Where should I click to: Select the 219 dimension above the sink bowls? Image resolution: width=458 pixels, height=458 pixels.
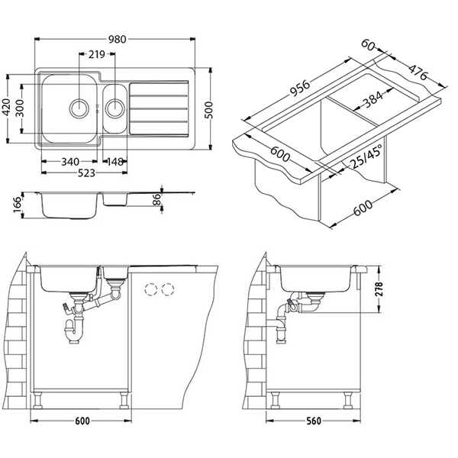tap(97, 54)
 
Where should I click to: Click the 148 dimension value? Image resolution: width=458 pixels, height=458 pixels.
tap(116, 161)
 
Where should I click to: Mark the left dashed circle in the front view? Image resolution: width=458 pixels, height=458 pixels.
tap(150, 289)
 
